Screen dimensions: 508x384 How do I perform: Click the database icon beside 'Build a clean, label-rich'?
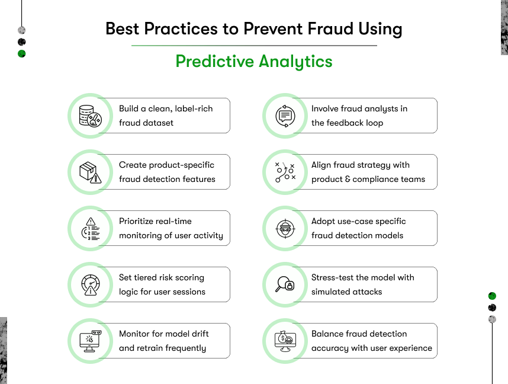point(91,116)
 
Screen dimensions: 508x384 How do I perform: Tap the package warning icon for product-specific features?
point(91,172)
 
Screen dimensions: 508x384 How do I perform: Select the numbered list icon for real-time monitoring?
point(91,229)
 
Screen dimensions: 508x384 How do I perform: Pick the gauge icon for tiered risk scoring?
point(91,285)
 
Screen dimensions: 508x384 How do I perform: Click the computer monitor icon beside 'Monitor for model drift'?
point(91,341)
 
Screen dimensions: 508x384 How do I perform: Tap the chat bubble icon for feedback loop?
point(285,116)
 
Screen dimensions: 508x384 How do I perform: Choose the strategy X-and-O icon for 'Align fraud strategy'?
point(285,172)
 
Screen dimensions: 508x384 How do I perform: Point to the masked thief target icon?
point(285,229)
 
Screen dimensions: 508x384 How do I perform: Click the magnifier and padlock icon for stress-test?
point(285,284)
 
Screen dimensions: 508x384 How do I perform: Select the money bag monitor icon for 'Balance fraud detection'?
point(285,341)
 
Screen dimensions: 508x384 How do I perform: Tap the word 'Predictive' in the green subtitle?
point(214,61)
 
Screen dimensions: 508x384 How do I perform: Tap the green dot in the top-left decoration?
point(22,54)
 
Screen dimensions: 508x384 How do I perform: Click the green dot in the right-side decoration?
point(492,296)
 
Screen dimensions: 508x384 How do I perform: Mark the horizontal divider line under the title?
point(254,46)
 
